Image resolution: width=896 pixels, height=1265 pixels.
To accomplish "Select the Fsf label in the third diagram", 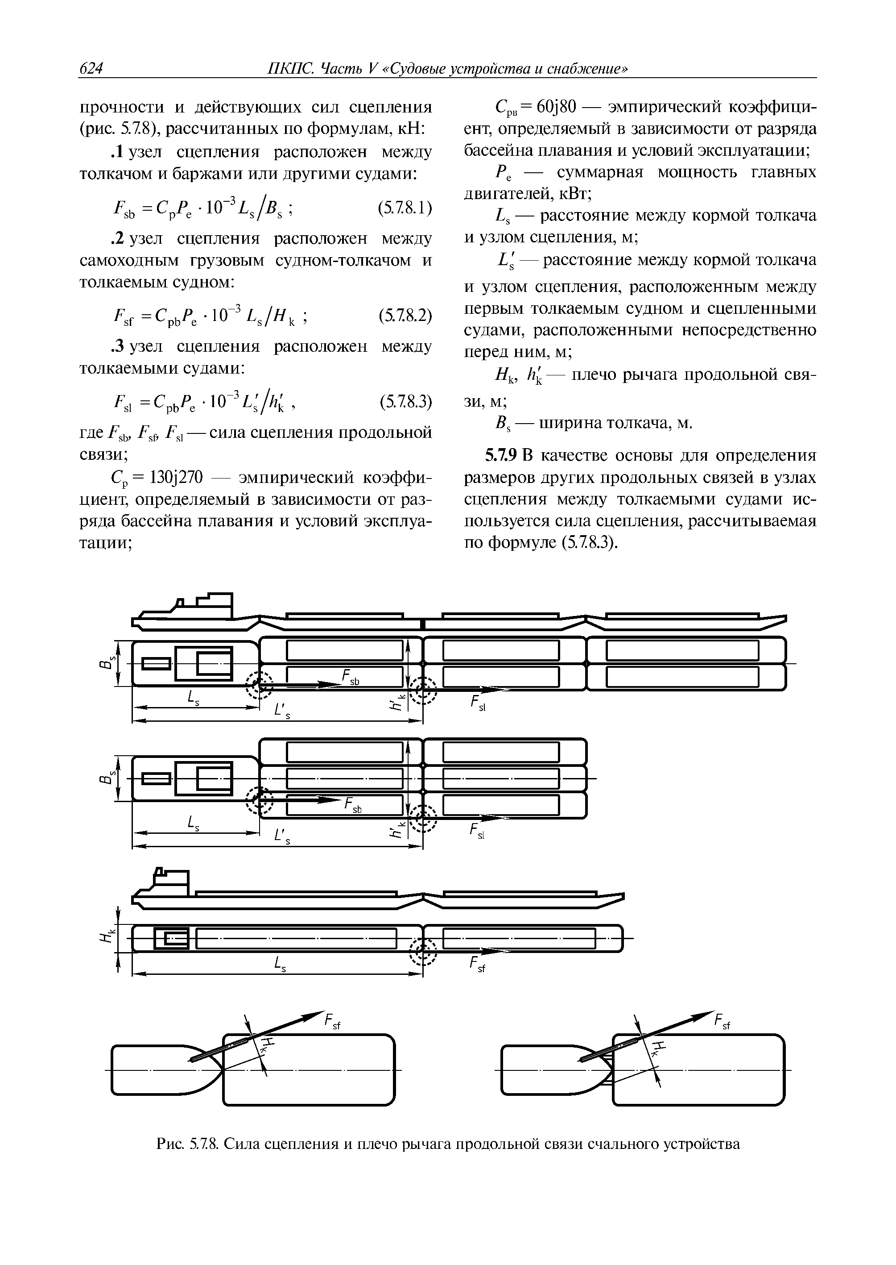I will click(x=477, y=965).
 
